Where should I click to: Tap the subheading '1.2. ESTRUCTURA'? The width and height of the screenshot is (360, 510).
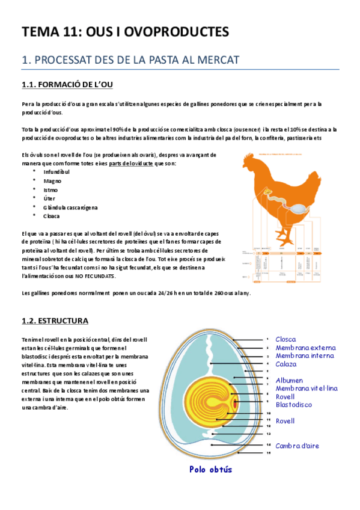[55, 321]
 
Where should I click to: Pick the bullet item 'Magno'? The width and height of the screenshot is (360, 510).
[52, 180]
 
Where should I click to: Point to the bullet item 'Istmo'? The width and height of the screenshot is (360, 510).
[50, 189]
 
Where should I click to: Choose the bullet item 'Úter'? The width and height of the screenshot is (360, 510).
[49, 198]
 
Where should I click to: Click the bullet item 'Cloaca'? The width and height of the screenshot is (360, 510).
[52, 216]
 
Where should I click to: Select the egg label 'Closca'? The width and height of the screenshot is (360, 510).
[285, 339]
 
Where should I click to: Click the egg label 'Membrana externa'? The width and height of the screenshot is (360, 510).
[305, 348]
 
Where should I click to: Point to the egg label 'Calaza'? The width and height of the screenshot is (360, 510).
[285, 364]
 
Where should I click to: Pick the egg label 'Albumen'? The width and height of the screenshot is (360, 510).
[289, 380]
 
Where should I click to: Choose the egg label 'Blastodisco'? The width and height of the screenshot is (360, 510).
[293, 405]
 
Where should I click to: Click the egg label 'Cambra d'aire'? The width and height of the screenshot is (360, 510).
[297, 446]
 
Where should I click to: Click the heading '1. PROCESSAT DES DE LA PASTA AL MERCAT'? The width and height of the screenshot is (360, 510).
[130, 60]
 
